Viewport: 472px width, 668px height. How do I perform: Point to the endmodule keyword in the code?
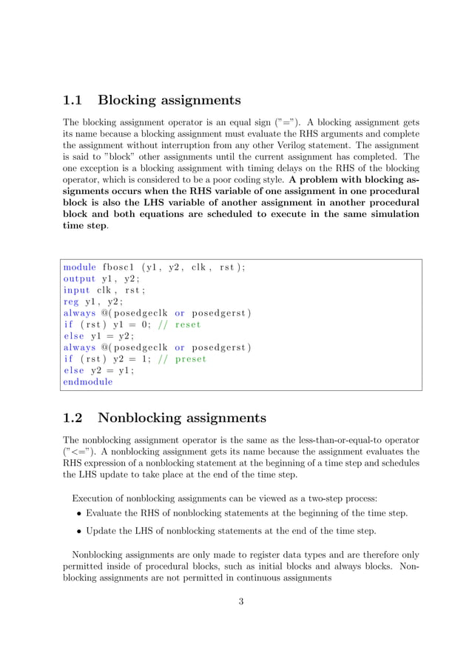[x=88, y=382]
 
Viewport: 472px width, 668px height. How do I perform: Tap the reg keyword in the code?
[x=70, y=302]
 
